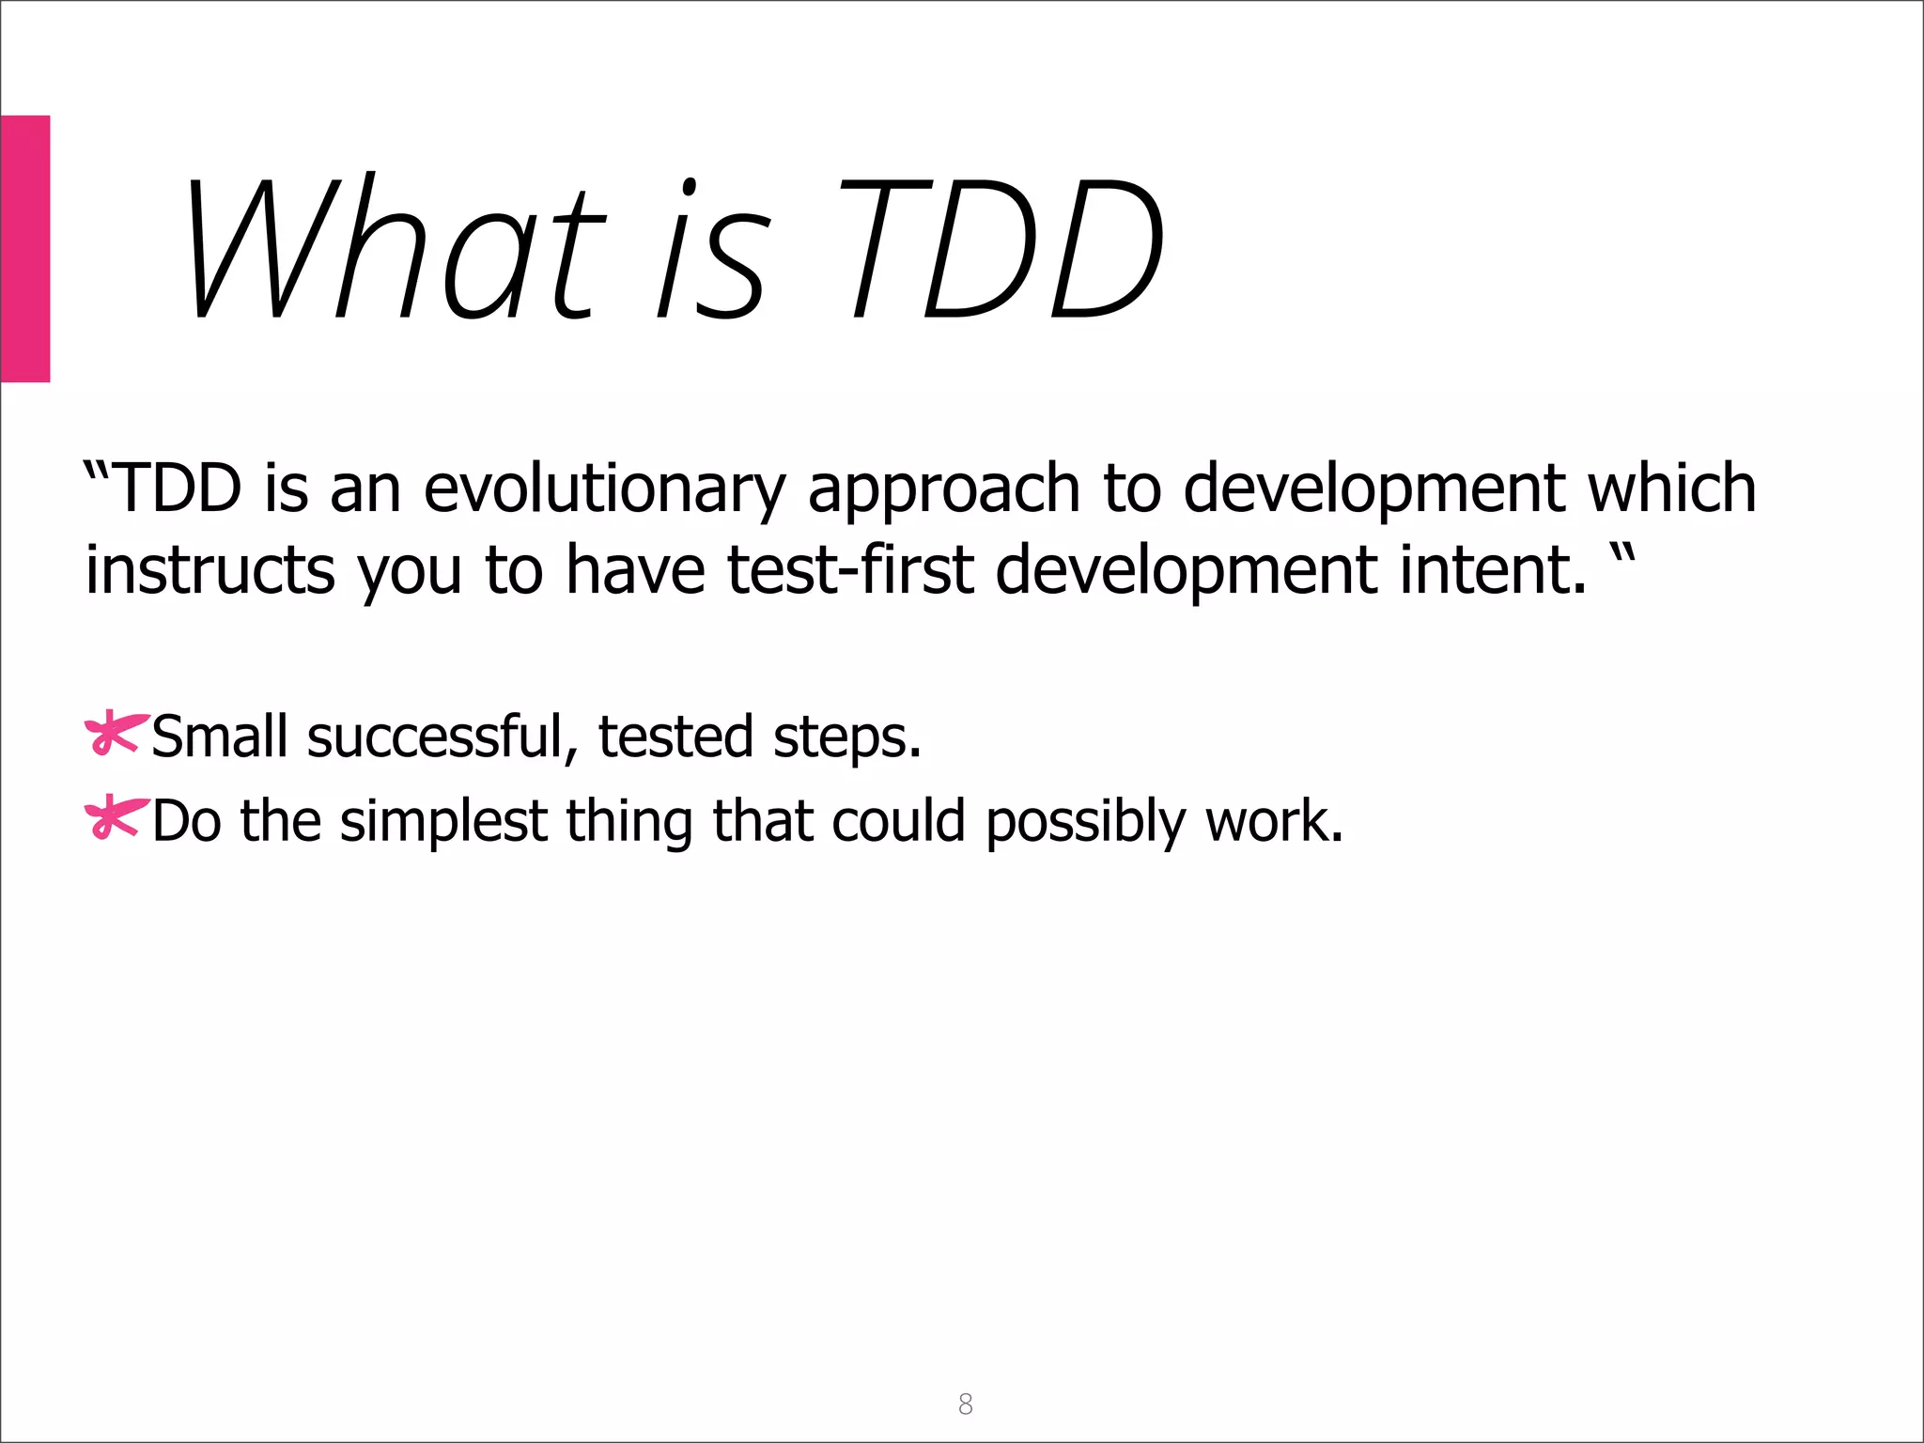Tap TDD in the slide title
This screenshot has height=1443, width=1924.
pos(1001,249)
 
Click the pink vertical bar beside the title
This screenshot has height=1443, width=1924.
pos(24,249)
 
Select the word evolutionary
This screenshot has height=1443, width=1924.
pos(604,490)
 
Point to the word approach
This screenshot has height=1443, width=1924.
pos(944,490)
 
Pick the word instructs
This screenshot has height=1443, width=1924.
pos(209,570)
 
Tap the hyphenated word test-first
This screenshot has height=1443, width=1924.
pos(850,570)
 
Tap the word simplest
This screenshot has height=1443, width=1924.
pos(442,822)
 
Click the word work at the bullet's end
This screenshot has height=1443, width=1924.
pos(1273,820)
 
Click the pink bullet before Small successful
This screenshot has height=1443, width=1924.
pos(115,734)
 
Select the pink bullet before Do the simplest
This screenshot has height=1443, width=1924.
pos(115,816)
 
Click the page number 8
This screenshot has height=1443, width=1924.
pos(965,1404)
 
